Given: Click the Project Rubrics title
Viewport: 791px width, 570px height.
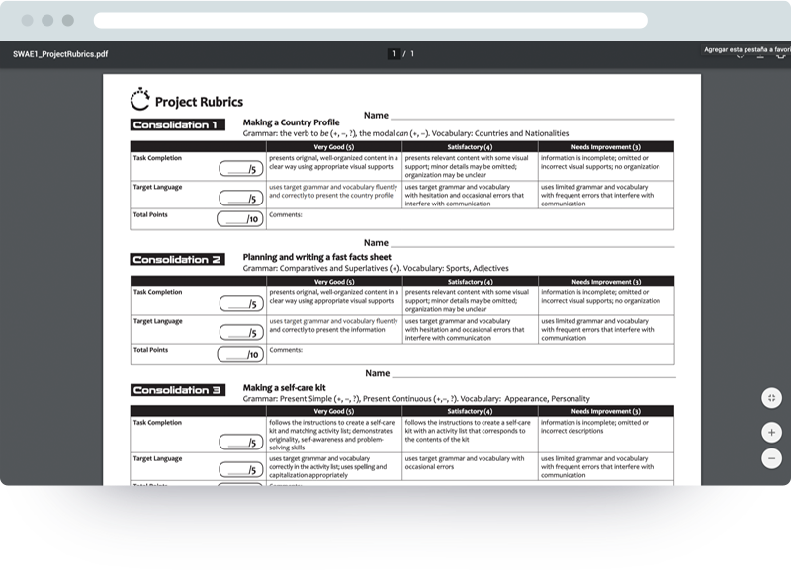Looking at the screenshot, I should click(199, 101).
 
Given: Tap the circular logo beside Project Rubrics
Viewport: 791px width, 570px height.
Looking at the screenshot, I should click(141, 99).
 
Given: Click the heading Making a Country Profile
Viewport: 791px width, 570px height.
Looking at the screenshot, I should click(291, 122).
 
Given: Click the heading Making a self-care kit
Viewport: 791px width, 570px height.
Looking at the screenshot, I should click(284, 387).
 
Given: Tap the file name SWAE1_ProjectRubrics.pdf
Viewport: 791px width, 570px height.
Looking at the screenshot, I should click(60, 54).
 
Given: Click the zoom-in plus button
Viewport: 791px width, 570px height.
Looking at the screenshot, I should click(771, 433).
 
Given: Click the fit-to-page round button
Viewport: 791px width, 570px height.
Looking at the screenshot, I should click(771, 397).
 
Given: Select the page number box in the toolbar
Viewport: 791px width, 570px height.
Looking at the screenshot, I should click(394, 54).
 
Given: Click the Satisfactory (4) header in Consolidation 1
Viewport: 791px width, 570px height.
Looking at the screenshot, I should click(470, 146).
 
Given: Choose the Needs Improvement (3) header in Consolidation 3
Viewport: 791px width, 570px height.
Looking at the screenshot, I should click(605, 411).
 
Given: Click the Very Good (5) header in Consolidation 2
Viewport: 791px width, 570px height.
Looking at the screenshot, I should click(334, 281).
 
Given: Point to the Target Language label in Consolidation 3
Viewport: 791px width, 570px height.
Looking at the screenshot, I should click(157, 458).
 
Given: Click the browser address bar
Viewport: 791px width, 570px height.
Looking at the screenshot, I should click(370, 20).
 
